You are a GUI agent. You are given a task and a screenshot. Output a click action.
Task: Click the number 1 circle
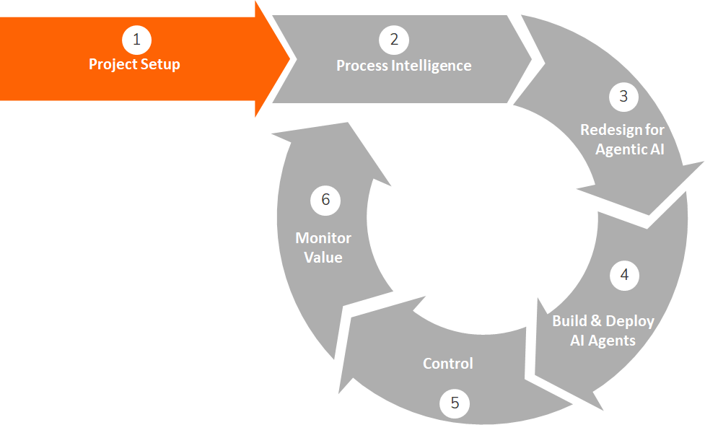[x=136, y=40]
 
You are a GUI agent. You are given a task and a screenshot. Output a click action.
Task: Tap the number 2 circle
[x=394, y=40]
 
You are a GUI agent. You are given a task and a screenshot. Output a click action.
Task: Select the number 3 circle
[x=623, y=96]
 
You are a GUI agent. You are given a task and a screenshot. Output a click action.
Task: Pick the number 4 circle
[x=624, y=275]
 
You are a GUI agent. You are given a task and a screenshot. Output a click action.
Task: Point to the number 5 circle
[x=455, y=403]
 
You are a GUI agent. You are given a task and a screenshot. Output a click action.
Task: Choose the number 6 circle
[x=325, y=200]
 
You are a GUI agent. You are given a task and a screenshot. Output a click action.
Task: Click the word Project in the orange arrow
[x=112, y=65]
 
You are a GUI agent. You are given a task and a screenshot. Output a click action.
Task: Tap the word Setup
[x=159, y=65]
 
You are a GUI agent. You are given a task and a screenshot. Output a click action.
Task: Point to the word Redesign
[x=622, y=131]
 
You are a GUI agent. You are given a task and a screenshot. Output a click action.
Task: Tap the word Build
[x=569, y=321]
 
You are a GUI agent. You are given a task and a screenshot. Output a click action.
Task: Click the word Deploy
[x=630, y=321]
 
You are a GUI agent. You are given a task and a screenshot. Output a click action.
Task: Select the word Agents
[x=613, y=340]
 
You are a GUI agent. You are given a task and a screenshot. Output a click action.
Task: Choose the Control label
[x=448, y=363]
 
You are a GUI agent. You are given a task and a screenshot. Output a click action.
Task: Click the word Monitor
[x=323, y=238]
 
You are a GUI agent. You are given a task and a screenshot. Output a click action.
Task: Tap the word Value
[x=323, y=257]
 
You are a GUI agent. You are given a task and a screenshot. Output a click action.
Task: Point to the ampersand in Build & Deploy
[x=596, y=321]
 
